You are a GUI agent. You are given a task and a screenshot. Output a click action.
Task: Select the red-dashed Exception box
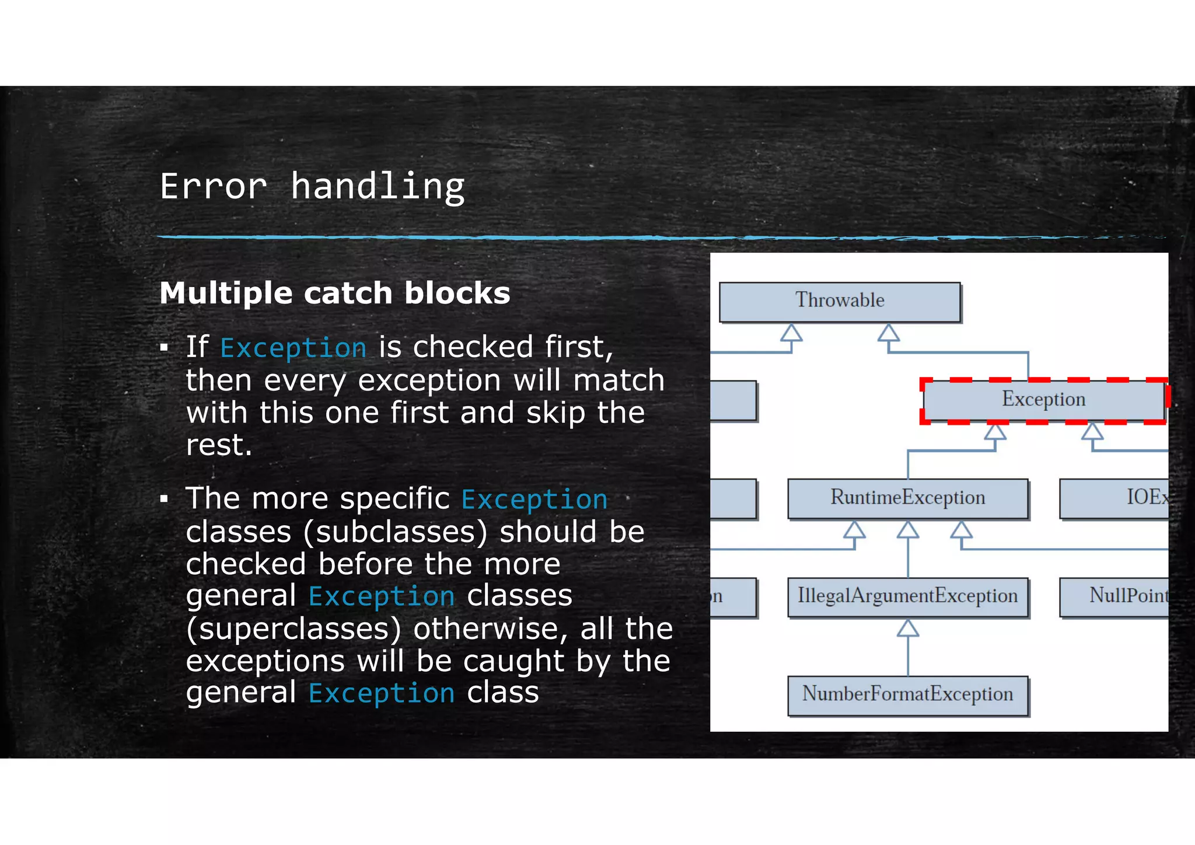[1043, 400]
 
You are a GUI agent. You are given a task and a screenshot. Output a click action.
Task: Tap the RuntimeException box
[907, 498]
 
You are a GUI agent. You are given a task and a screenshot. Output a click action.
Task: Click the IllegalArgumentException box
[907, 596]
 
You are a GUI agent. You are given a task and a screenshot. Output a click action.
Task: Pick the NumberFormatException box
[907, 695]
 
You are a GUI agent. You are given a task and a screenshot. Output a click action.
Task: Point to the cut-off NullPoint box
[1114, 596]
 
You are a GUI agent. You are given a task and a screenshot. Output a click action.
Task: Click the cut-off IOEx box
[1114, 498]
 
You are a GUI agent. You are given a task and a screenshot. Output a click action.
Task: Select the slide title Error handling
[312, 187]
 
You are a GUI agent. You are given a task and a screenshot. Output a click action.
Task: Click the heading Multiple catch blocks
[334, 293]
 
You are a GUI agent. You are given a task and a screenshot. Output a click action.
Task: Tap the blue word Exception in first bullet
[293, 348]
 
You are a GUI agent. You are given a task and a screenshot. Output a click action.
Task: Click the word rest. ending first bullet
[219, 445]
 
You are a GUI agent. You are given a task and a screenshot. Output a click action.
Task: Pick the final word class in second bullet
[502, 693]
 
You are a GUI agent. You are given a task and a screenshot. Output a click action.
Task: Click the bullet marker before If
[164, 348]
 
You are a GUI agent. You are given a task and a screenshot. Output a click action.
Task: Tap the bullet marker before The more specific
[164, 500]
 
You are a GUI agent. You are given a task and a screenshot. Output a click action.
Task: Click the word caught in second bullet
[513, 662]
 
